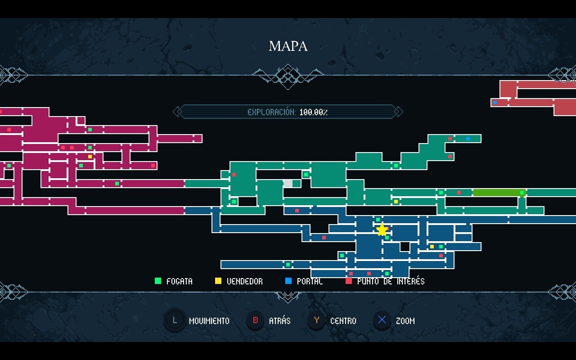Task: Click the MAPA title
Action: click(288, 46)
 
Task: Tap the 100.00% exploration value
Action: click(314, 112)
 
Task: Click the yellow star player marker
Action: click(382, 230)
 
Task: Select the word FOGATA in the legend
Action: click(179, 281)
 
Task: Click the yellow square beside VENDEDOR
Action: click(218, 281)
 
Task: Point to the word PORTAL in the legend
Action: click(310, 281)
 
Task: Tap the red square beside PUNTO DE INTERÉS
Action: click(349, 281)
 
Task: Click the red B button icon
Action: click(256, 320)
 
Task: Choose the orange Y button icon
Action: click(317, 320)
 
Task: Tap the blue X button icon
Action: click(382, 320)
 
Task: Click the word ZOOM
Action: click(405, 321)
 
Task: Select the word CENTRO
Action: click(343, 321)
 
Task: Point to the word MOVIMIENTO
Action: click(209, 321)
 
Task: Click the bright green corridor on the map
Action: click(497, 193)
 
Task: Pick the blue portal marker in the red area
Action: click(495, 103)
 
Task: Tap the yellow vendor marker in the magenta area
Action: click(90, 157)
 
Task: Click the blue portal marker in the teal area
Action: click(468, 139)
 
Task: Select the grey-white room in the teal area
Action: click(288, 184)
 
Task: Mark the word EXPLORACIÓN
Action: click(271, 112)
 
